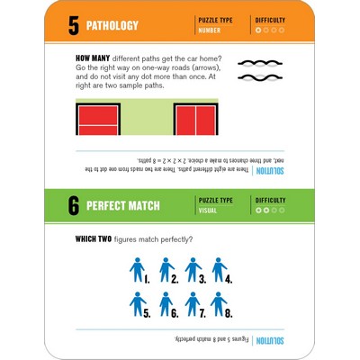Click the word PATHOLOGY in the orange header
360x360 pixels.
tap(121, 25)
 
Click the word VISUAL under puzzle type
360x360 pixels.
tap(207, 211)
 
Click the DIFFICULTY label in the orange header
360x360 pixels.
tap(271, 19)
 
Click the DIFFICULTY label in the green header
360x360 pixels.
tap(271, 200)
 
